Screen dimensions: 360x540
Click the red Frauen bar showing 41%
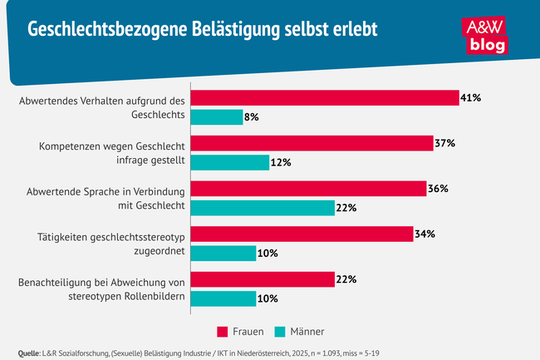click(325, 98)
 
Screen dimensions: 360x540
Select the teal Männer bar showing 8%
click(217, 117)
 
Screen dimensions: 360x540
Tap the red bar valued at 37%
click(312, 143)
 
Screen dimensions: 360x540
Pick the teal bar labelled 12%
click(230, 162)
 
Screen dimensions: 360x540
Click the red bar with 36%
click(308, 189)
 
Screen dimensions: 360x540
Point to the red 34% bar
click(302, 234)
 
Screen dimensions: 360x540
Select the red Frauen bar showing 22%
click(262, 279)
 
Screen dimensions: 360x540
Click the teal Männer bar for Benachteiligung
click(223, 298)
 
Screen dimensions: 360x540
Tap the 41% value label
click(471, 98)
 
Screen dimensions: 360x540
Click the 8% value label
click(252, 117)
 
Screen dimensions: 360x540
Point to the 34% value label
click(425, 234)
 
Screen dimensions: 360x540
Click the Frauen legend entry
click(242, 331)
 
